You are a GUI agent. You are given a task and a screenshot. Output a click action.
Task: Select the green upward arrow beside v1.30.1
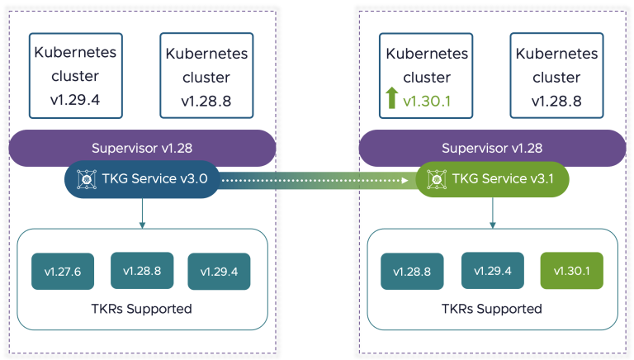click(391, 100)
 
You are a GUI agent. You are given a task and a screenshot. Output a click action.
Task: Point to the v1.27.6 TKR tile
click(63, 271)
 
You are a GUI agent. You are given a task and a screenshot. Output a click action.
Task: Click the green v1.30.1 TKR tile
click(571, 271)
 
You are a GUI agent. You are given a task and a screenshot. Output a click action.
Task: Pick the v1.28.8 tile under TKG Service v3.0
click(141, 271)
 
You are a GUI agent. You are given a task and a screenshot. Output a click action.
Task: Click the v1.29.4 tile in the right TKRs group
click(492, 271)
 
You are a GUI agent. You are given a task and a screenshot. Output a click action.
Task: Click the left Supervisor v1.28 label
click(142, 149)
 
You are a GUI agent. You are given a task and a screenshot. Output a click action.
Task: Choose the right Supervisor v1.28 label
click(492, 149)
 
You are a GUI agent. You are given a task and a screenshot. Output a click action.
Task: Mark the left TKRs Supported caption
click(142, 309)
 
